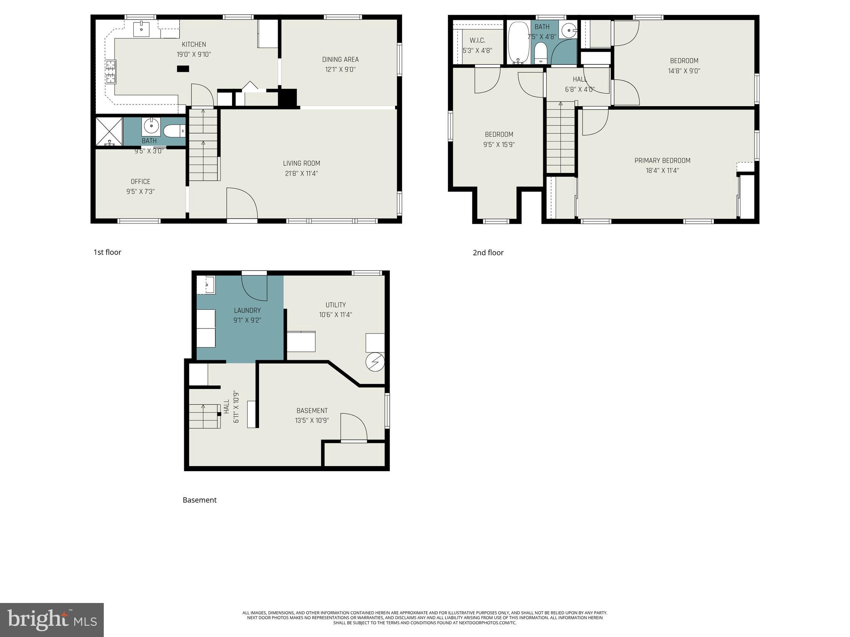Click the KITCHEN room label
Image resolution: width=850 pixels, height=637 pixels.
pyautogui.click(x=194, y=44)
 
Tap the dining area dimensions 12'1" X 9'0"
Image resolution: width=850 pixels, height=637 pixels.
pyautogui.click(x=340, y=70)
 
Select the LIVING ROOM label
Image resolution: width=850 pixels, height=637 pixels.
pyautogui.click(x=301, y=163)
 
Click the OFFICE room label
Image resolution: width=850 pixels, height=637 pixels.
pyautogui.click(x=140, y=182)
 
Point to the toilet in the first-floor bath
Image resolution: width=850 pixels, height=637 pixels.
pyautogui.click(x=173, y=131)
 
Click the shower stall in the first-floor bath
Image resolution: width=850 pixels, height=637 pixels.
pyautogui.click(x=109, y=131)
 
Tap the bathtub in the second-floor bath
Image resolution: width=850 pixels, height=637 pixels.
pyautogui.click(x=518, y=43)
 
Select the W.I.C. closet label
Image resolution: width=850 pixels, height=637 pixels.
pyautogui.click(x=477, y=41)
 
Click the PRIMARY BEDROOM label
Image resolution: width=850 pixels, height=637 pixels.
pyautogui.click(x=662, y=160)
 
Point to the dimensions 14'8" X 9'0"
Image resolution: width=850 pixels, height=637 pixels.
pyautogui.click(x=684, y=71)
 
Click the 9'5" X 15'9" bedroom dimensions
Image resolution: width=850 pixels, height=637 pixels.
pyautogui.click(x=499, y=145)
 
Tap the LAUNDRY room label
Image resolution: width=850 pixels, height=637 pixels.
pyautogui.click(x=247, y=310)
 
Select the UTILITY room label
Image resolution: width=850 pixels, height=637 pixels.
pyautogui.click(x=335, y=305)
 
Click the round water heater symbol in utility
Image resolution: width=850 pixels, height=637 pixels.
pyautogui.click(x=375, y=362)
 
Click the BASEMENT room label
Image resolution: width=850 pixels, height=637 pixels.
pyautogui.click(x=312, y=411)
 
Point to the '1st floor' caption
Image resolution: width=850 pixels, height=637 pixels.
pyautogui.click(x=107, y=252)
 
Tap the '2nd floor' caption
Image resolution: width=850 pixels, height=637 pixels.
pyautogui.click(x=488, y=253)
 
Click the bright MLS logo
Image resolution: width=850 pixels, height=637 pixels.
pyautogui.click(x=52, y=620)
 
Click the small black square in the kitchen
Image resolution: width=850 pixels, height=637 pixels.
pyautogui.click(x=183, y=69)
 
